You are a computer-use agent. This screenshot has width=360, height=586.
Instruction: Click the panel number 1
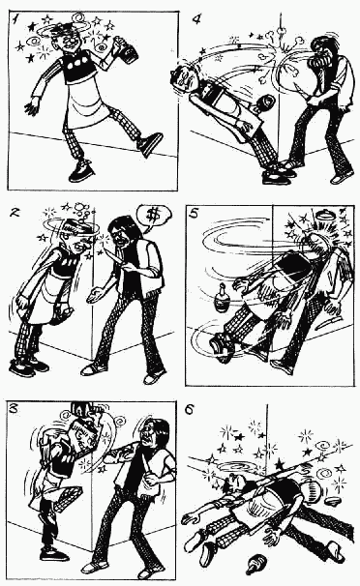[15, 19]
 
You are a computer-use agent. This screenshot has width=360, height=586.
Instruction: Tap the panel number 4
[196, 18]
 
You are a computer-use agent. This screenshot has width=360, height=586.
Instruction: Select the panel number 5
[194, 215]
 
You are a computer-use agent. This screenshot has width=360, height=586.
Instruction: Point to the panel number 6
[190, 410]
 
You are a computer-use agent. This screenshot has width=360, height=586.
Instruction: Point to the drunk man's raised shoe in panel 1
[150, 144]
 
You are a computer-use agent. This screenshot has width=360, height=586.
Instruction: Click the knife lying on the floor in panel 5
[327, 322]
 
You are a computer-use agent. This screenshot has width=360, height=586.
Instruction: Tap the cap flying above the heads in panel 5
[322, 217]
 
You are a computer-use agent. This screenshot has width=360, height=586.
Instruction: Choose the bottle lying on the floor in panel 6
[257, 563]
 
